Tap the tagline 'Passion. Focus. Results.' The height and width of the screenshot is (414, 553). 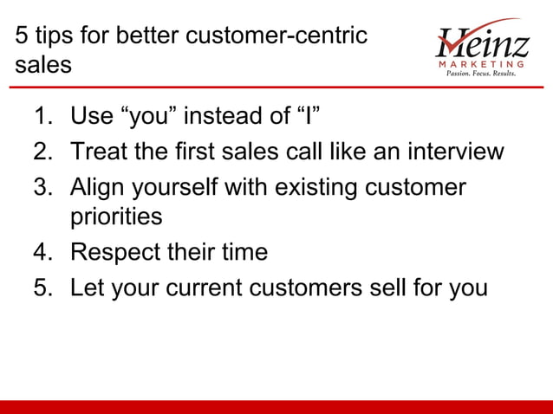(x=480, y=74)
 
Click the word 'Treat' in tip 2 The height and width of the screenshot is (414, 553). (x=99, y=152)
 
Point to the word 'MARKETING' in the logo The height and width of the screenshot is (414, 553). (x=482, y=63)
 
